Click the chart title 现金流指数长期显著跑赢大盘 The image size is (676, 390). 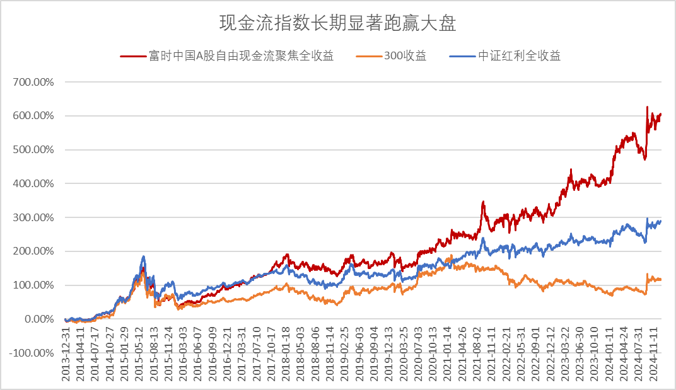point(337,24)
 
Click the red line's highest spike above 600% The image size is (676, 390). point(647,108)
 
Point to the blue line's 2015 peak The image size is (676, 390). point(144,256)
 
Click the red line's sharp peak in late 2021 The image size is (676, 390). point(483,202)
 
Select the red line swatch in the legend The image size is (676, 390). point(132,56)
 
